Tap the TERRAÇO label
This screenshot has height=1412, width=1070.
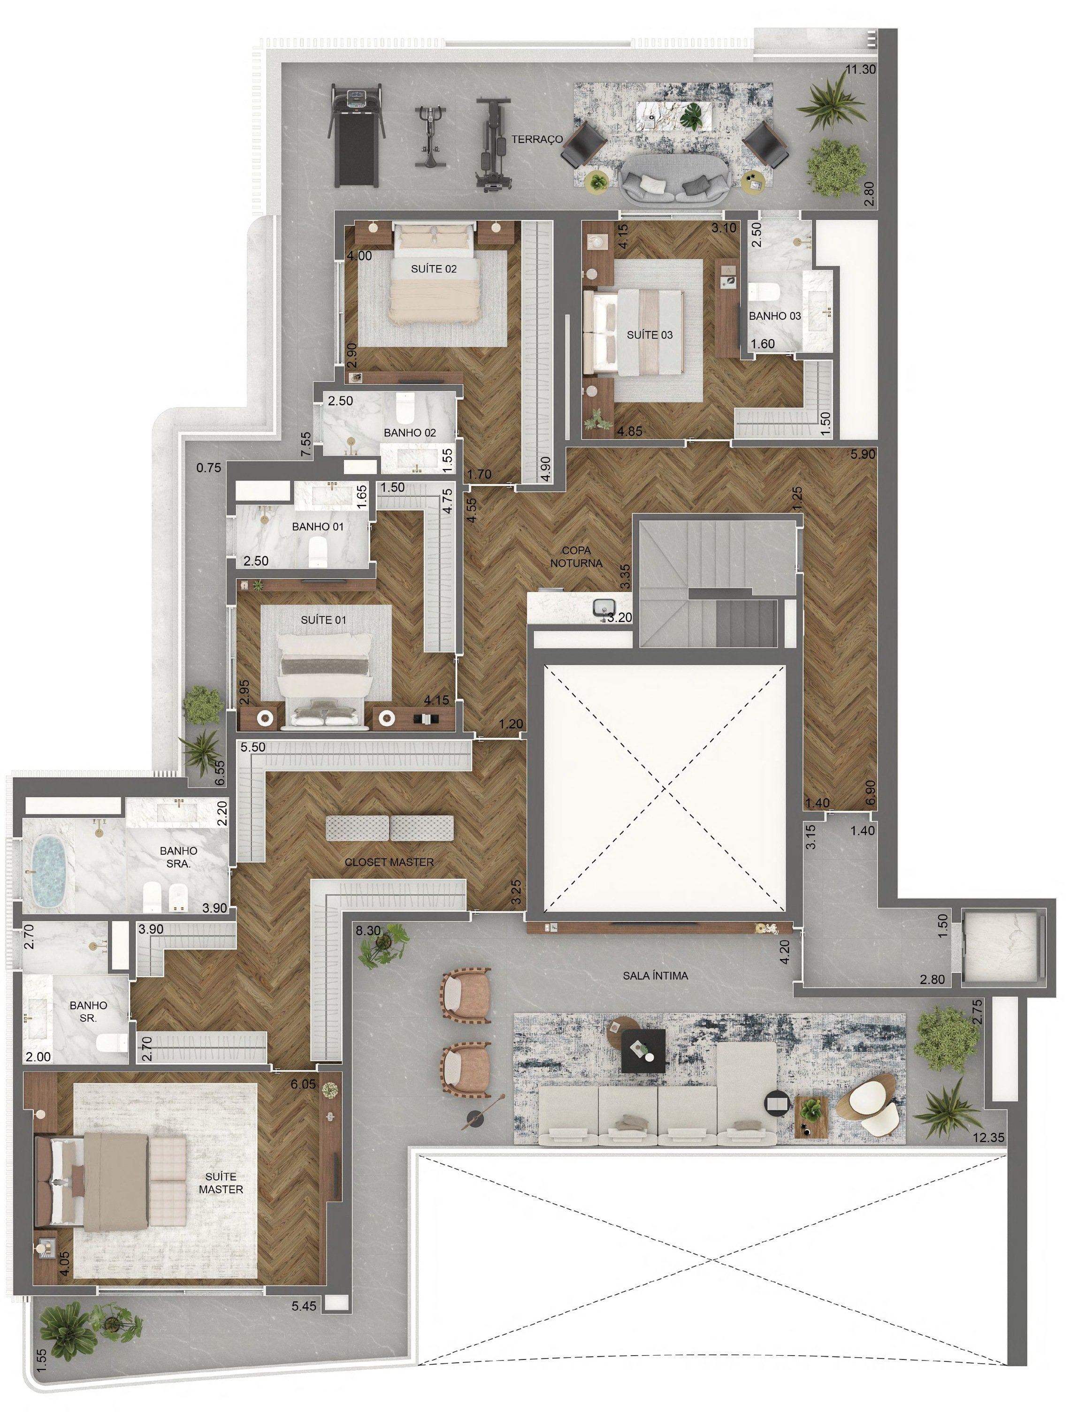pos(537,139)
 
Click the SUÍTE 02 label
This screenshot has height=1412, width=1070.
pos(434,269)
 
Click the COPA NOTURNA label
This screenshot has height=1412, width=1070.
pos(576,557)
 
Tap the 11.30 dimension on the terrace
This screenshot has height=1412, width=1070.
pos(860,69)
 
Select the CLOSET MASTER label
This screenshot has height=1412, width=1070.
pos(389,862)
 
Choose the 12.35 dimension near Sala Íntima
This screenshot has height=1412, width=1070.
pos(989,1138)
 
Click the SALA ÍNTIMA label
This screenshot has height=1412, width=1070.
pos(655,975)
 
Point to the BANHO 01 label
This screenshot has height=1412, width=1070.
pos(317,527)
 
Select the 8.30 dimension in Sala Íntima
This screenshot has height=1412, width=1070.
pos(368,931)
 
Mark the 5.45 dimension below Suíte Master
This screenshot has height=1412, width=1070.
pos(304,1306)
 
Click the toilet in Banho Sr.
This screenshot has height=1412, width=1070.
pos(111,1042)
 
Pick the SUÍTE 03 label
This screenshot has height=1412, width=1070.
pos(650,335)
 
